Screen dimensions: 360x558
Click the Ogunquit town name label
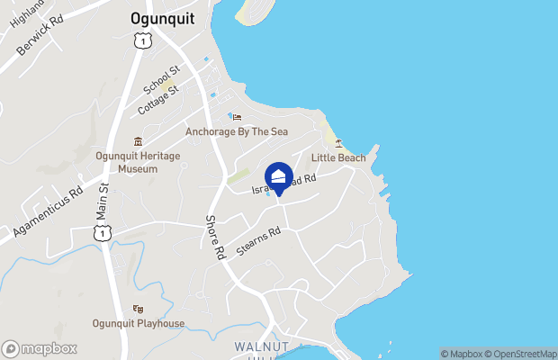point(157,17)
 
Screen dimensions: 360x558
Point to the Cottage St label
point(158,100)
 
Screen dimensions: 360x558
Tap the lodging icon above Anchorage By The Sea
point(237,116)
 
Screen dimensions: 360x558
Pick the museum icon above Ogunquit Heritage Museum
point(138,141)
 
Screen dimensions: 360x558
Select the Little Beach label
point(338,158)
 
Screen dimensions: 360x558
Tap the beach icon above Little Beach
point(338,143)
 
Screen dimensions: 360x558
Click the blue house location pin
point(279,176)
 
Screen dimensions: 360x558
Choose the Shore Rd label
point(215,238)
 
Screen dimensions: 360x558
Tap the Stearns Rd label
point(258,242)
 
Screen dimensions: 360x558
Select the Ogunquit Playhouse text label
point(139,324)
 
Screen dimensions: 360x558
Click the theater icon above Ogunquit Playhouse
point(138,309)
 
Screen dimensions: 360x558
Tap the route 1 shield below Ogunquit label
point(139,40)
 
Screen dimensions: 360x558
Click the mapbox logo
point(40,348)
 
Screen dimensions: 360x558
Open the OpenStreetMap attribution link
point(525,354)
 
